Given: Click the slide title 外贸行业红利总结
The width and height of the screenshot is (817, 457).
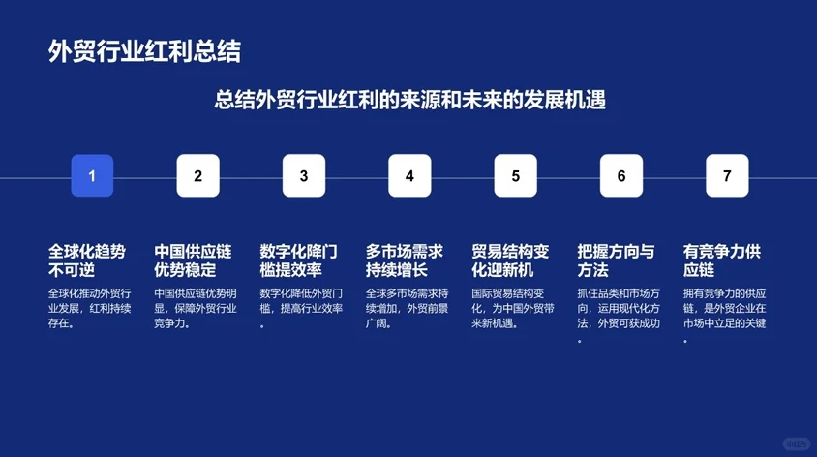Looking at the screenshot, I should pos(145,51).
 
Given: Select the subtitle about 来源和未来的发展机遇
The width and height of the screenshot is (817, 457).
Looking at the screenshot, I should pos(409,100).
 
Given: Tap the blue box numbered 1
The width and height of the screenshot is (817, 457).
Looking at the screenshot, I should pos(92,176).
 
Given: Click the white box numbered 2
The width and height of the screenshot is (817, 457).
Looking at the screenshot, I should pos(197,176).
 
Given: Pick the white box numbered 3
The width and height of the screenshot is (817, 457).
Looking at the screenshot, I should pos(304,176).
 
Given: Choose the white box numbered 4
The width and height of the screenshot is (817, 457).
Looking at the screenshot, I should pos(409,176).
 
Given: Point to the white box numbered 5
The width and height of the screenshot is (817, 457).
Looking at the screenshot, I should pos(515,176).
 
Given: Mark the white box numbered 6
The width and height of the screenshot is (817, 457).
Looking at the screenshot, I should pos(621,176).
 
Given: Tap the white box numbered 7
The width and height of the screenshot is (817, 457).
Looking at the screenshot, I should pos(727,176).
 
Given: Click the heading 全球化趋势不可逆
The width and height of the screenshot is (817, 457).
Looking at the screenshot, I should pos(87,260).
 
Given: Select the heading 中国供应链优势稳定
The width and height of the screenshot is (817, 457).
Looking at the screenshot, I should pos(193,260).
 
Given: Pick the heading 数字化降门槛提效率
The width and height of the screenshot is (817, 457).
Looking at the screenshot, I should pos(299,260).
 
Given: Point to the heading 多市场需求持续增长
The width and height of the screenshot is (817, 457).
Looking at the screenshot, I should pos(405,260).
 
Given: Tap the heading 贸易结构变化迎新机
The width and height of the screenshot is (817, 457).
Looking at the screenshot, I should pos(510,260).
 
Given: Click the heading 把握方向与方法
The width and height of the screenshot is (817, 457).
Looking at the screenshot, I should pos(617,260).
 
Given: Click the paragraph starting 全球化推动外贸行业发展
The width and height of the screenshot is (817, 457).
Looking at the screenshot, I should pos(90,308).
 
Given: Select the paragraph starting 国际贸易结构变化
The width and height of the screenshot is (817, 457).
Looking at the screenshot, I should pos(513,308).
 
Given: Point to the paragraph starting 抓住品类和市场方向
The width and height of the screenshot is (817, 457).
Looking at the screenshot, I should pos(620,316).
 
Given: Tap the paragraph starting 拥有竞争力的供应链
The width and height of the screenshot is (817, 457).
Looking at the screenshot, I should pos(725,316).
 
